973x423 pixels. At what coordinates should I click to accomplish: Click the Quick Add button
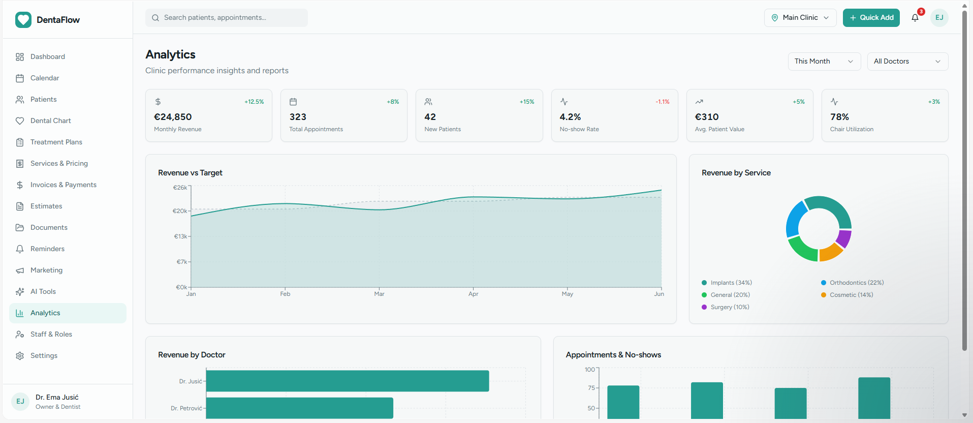[871, 18]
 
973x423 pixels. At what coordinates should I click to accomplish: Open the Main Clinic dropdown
[800, 18]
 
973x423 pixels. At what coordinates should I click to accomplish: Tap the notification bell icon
[915, 18]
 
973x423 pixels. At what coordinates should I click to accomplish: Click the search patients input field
[227, 18]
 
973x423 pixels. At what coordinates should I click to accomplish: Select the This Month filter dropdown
[824, 62]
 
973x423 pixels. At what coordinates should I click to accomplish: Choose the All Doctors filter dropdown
[907, 62]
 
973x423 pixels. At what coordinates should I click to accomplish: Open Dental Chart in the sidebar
[50, 121]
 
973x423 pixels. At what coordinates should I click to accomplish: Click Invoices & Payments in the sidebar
[63, 185]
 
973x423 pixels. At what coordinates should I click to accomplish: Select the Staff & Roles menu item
[51, 335]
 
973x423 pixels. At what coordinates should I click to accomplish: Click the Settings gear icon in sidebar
[20, 356]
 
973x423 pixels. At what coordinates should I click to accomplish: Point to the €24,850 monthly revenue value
[173, 117]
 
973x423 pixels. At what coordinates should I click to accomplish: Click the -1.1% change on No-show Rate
[663, 102]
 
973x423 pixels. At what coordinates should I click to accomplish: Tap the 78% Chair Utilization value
[839, 117]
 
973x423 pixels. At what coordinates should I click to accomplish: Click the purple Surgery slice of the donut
[844, 238]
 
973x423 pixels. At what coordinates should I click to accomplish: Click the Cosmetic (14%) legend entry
[847, 295]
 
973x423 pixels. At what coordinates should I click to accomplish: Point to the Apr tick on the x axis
[473, 294]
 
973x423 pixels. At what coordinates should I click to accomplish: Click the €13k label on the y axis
[180, 236]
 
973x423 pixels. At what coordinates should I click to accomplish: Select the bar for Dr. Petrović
[299, 408]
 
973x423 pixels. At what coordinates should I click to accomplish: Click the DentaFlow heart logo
[23, 20]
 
